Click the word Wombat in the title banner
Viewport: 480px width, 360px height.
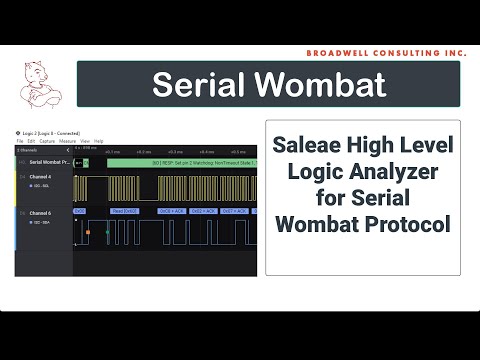[x=326, y=85]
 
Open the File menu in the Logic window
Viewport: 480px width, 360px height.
[x=18, y=141]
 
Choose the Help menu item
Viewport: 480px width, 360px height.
[x=99, y=141]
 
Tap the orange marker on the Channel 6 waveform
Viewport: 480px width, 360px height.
[x=88, y=232]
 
